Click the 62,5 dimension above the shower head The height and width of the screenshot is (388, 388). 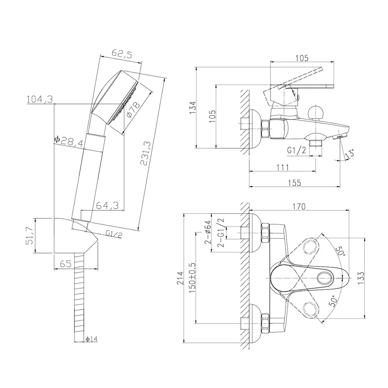[122, 54]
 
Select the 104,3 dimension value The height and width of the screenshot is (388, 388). [40, 99]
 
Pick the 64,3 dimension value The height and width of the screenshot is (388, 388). [107, 205]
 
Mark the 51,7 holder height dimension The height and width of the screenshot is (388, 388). [29, 236]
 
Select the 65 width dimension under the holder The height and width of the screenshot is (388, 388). [66, 264]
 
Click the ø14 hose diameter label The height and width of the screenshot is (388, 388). [92, 339]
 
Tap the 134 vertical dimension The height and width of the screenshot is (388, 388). [192, 107]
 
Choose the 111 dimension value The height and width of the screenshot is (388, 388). [282, 168]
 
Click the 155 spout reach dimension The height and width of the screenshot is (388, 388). [294, 183]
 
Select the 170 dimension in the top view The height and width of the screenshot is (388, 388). [299, 206]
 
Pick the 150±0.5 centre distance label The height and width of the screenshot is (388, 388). [192, 278]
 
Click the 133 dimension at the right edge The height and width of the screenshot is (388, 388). [361, 278]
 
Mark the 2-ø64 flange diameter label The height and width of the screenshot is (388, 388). [208, 232]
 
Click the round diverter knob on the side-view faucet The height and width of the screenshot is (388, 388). [315, 112]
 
